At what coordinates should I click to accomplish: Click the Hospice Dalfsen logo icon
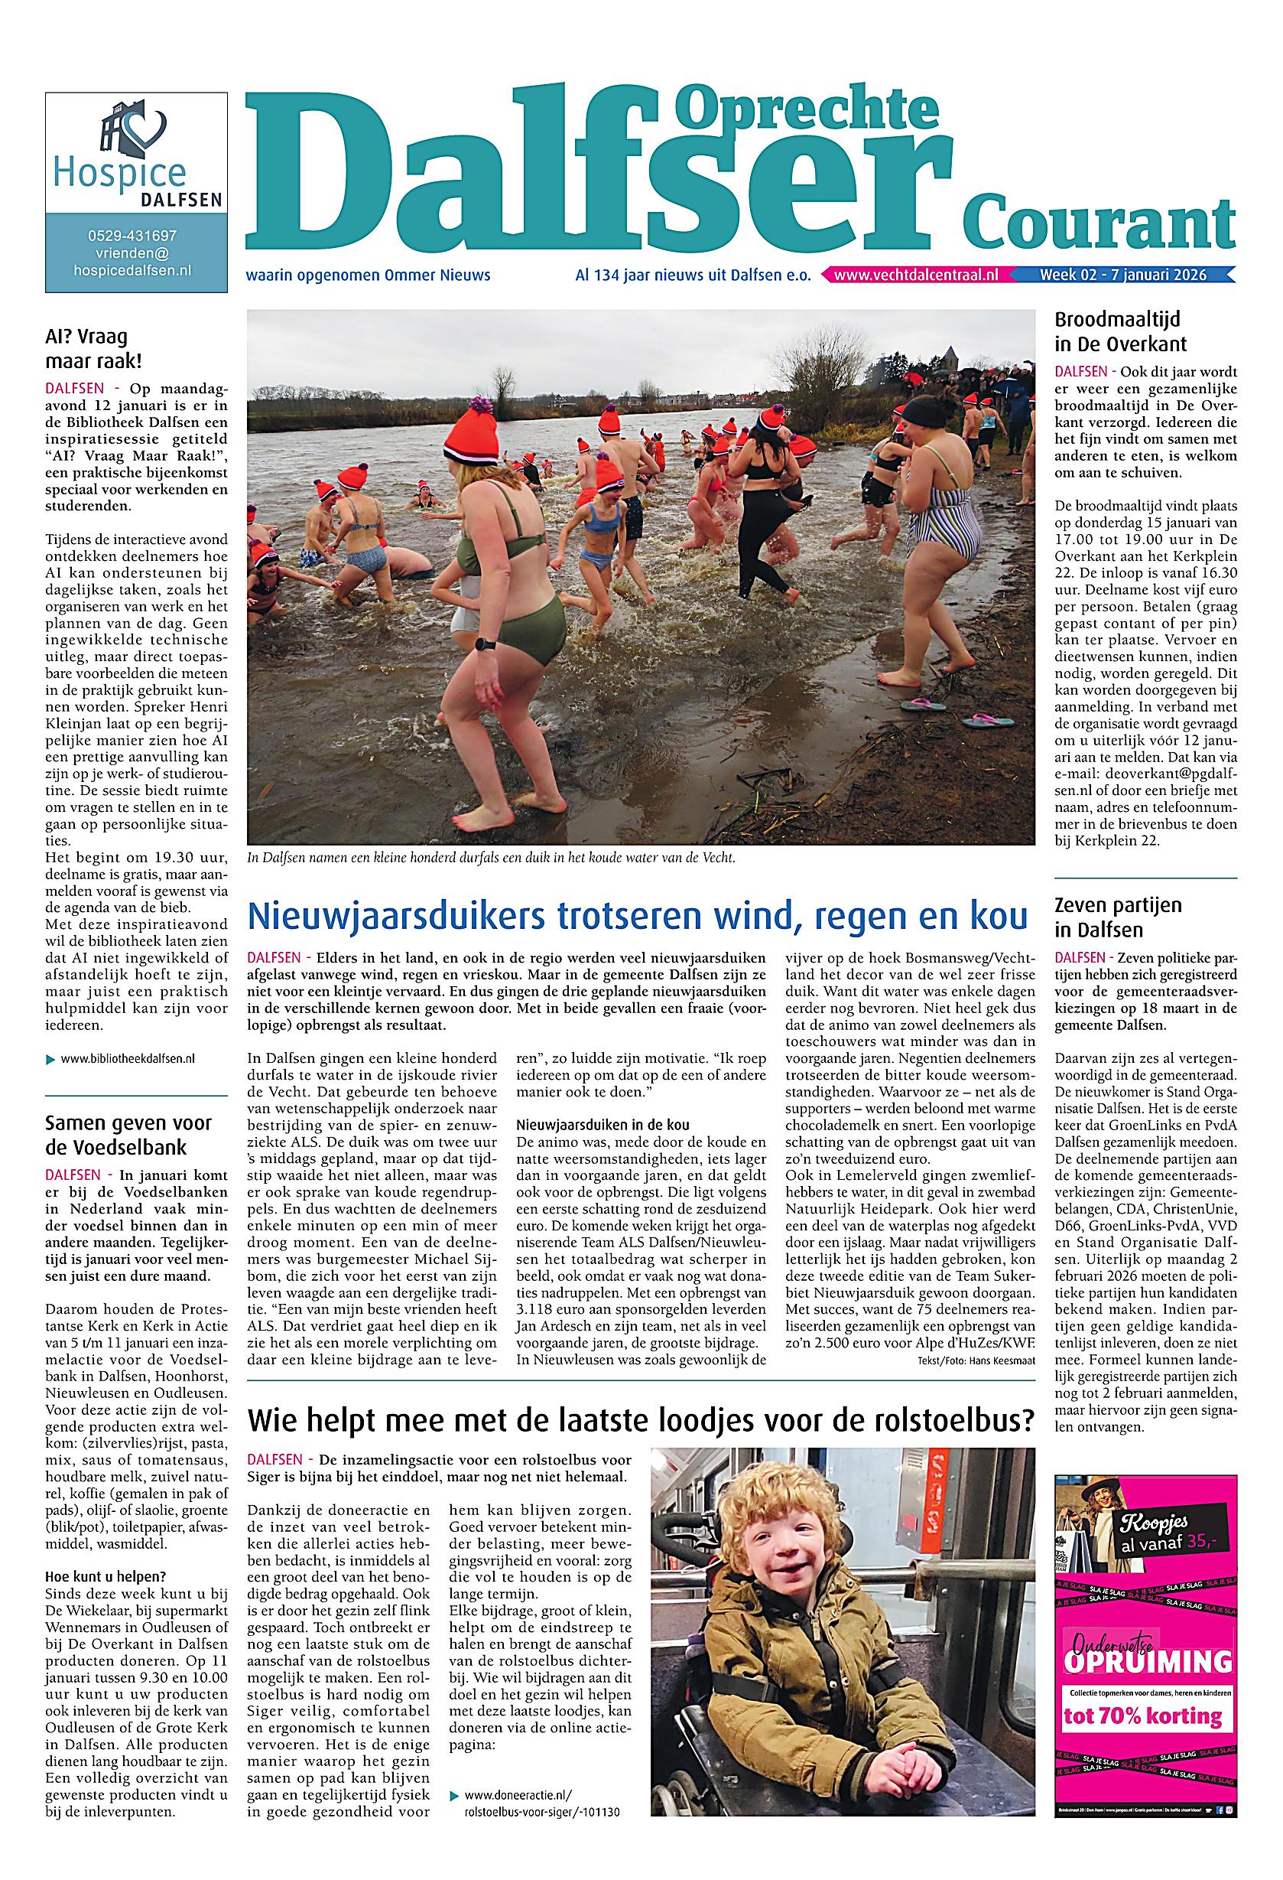point(135,132)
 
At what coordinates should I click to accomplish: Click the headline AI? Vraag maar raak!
point(87,349)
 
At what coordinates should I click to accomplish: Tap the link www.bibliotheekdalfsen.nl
point(127,1058)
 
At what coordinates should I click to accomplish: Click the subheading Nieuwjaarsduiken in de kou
point(603,1126)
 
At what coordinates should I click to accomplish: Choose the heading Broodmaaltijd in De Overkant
point(1120,331)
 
